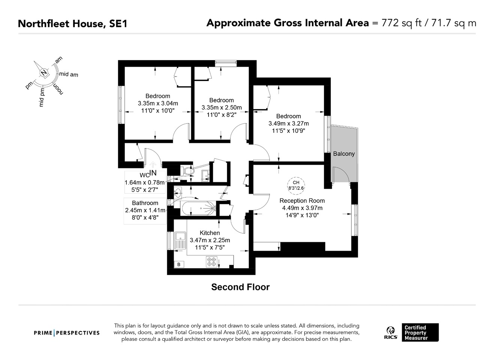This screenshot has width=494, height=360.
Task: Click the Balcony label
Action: tap(344, 154)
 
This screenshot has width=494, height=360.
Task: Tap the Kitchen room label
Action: tap(210, 233)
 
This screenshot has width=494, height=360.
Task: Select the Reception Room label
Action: tap(302, 201)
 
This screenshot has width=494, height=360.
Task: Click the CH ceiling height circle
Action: tap(296, 185)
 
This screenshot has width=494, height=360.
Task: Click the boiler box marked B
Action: tap(179, 264)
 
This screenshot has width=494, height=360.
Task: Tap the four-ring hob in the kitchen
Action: tap(212, 261)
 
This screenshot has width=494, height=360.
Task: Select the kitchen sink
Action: tap(181, 240)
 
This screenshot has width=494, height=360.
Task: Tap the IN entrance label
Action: tap(153, 173)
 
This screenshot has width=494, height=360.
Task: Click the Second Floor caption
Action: tap(240, 287)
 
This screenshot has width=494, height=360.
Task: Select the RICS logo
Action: tap(390, 332)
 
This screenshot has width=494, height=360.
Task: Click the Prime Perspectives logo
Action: tap(67, 333)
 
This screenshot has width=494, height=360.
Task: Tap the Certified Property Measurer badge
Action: tap(420, 333)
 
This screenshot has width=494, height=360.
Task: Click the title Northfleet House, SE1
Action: tap(72, 24)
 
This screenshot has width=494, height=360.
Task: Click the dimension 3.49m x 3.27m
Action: tap(288, 123)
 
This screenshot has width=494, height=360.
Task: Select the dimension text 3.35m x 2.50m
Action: tap(221, 107)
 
